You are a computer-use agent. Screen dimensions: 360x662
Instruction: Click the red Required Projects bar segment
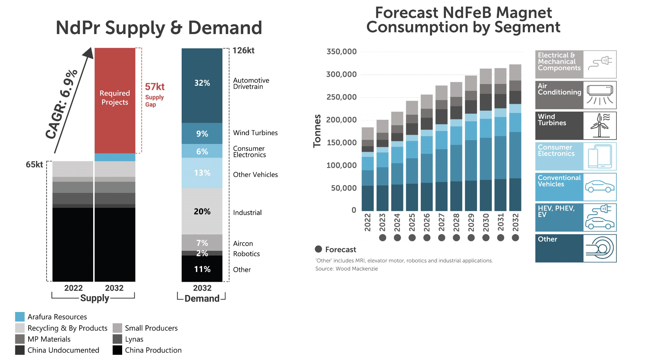[115, 100]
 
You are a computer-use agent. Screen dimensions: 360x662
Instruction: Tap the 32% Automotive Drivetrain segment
[202, 85]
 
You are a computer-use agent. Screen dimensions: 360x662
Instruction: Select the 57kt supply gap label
[155, 87]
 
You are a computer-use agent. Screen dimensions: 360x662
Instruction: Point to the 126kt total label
[243, 51]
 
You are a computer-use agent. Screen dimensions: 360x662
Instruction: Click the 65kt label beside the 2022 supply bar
[34, 165]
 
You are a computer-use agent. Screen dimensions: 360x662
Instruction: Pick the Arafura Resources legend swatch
[20, 317]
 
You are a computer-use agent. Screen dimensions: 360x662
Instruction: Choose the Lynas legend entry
[134, 339]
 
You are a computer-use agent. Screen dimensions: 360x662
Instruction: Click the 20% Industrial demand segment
[202, 211]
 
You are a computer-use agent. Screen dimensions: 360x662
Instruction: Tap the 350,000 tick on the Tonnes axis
[341, 52]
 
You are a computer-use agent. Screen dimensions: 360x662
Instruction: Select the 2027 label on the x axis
[442, 222]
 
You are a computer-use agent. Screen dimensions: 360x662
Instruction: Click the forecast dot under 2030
[486, 238]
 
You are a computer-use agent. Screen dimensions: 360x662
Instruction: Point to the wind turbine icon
[600, 126]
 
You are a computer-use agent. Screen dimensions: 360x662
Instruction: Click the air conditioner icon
[600, 95]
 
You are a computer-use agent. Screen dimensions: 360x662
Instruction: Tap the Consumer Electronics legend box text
[556, 150]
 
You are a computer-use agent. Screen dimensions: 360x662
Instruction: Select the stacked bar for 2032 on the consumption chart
[515, 137]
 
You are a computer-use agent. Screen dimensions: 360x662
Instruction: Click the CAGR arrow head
[88, 53]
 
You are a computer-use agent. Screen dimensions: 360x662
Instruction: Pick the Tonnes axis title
[317, 131]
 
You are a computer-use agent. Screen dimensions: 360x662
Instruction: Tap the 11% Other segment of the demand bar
[202, 269]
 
